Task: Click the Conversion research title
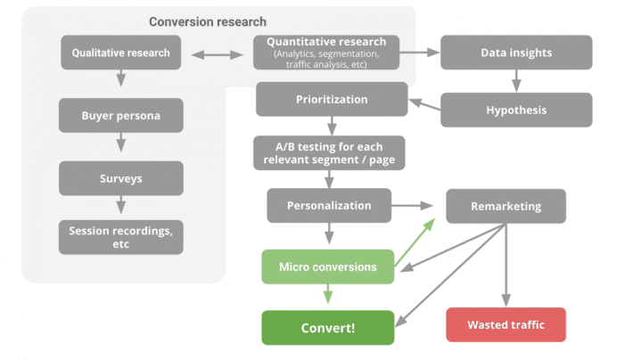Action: point(207,21)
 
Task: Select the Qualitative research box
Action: point(120,53)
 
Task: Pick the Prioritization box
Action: point(332,99)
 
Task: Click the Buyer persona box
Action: point(120,116)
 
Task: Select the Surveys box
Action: point(120,178)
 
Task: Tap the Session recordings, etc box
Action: point(120,237)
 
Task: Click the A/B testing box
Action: point(328,153)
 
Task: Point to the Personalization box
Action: point(329,206)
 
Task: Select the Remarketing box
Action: point(505,206)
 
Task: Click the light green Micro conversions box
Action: point(327,266)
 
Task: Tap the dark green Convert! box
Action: point(327,327)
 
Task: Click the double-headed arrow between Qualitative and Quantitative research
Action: point(218,54)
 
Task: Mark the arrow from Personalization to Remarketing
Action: point(418,206)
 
